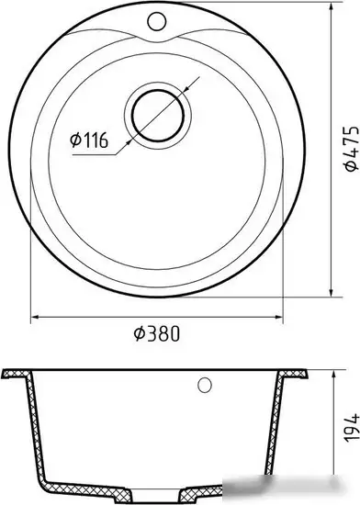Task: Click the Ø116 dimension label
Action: (x=89, y=140)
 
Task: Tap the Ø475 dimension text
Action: (x=350, y=148)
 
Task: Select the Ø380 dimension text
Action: (x=156, y=333)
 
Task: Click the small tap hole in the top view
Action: (x=157, y=21)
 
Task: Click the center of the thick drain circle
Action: (x=158, y=116)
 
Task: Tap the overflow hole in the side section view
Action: (x=205, y=385)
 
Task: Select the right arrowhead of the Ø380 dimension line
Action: (x=278, y=317)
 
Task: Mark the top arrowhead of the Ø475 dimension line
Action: (x=332, y=6)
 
